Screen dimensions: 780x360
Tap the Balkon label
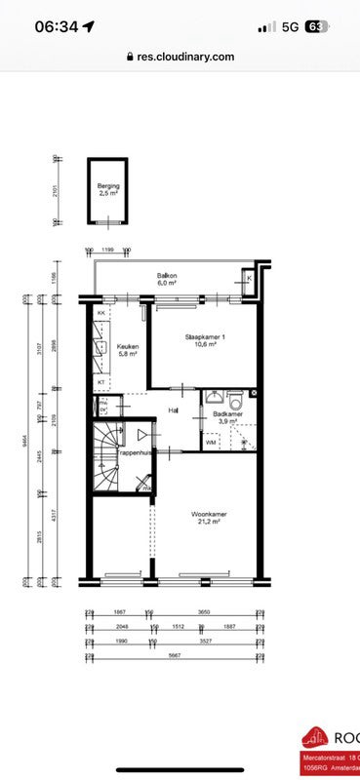[x=167, y=276]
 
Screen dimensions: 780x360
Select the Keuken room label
[x=129, y=348]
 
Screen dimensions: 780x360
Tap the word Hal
[x=173, y=410]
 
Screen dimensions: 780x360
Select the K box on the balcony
[x=250, y=279]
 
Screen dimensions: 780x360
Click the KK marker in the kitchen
[x=100, y=312]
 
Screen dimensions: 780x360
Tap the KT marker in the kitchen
[x=100, y=382]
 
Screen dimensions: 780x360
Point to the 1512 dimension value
[x=179, y=626]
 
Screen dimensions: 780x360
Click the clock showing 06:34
[x=57, y=27]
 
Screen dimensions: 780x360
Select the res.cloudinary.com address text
[x=185, y=57]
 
